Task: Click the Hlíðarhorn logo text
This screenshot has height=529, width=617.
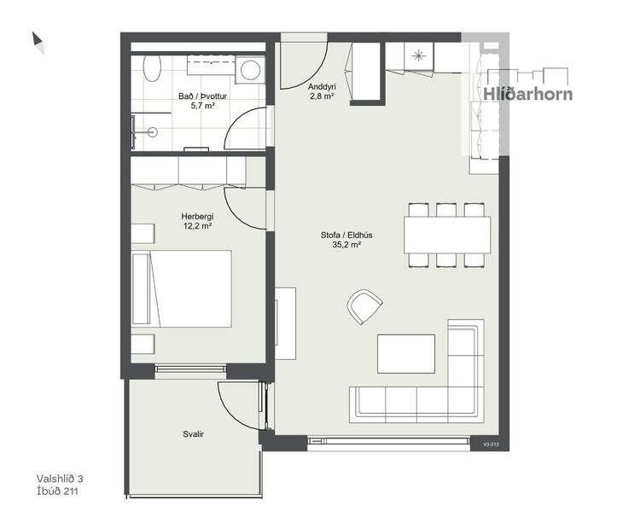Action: pyautogui.click(x=528, y=95)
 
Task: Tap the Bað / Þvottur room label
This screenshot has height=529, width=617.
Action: pyautogui.click(x=197, y=97)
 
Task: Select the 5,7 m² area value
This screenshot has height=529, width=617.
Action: pyautogui.click(x=197, y=108)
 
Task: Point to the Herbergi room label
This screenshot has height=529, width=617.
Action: pyautogui.click(x=197, y=217)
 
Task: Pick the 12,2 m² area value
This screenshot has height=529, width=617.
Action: pyautogui.click(x=197, y=227)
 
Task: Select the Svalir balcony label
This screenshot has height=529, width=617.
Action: pyautogui.click(x=193, y=434)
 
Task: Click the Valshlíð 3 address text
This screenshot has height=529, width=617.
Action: pyautogui.click(x=60, y=480)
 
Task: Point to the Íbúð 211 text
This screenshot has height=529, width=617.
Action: pyautogui.click(x=58, y=491)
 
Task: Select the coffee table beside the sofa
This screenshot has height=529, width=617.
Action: pyautogui.click(x=406, y=353)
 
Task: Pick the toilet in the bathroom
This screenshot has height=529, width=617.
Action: pyautogui.click(x=150, y=67)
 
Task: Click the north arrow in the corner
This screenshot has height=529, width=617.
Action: pyautogui.click(x=38, y=42)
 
